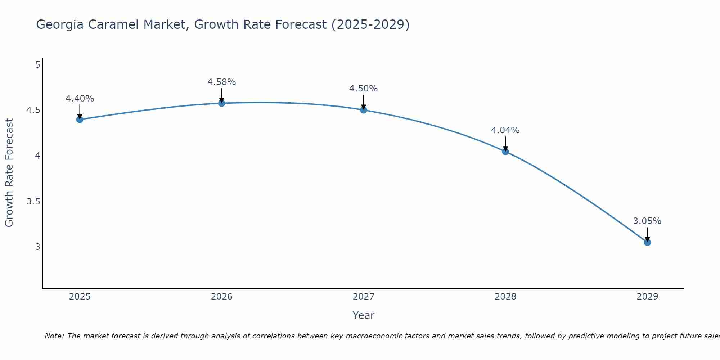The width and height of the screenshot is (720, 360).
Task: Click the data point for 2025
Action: pyautogui.click(x=80, y=120)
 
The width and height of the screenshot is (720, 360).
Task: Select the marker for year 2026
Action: pyautogui.click(x=222, y=103)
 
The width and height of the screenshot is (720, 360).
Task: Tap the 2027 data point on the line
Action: pyautogui.click(x=364, y=110)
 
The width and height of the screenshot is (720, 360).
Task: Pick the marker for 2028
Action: pyautogui.click(x=505, y=152)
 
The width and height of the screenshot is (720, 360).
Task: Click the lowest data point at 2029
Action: pyautogui.click(x=647, y=243)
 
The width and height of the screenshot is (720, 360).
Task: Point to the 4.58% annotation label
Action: pyautogui.click(x=222, y=82)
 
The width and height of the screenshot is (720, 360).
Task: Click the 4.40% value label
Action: pyautogui.click(x=80, y=99)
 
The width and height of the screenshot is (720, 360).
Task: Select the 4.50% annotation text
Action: pyautogui.click(x=364, y=89)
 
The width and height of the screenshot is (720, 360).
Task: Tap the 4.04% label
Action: pyautogui.click(x=505, y=130)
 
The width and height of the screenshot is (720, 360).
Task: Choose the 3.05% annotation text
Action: pyautogui.click(x=647, y=221)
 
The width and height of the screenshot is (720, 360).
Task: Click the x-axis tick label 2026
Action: pyautogui.click(x=222, y=297)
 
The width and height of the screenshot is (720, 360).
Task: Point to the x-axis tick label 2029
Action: pyautogui.click(x=647, y=297)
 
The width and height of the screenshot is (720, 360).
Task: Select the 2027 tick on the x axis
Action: pyautogui.click(x=364, y=297)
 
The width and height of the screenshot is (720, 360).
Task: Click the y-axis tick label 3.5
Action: pyautogui.click(x=33, y=201)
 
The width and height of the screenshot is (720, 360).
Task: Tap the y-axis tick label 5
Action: pyautogui.click(x=37, y=65)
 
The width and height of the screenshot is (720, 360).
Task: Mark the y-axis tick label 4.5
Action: pyautogui.click(x=33, y=110)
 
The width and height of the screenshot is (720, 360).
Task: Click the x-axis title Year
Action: pyautogui.click(x=364, y=315)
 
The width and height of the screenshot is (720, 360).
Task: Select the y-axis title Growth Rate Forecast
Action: pyautogui.click(x=9, y=173)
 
